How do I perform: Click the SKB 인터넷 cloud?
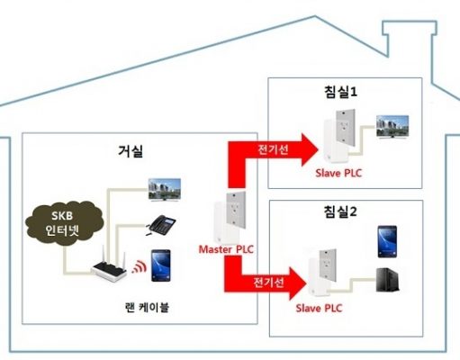point(65,223)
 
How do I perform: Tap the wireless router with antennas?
point(109,265)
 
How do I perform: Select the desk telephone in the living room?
point(160,225)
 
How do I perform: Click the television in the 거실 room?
point(165,190)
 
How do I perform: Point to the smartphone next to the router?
point(161,265)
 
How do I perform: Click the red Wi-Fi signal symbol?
point(140,266)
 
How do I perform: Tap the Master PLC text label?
point(226,249)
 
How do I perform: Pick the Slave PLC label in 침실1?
point(338,173)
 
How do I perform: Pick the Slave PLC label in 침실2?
point(319,308)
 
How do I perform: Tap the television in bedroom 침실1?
point(392,127)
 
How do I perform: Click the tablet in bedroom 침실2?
point(387,242)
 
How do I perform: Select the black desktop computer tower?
point(387,280)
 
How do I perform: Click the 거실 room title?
point(131,151)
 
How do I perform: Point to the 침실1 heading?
point(340,92)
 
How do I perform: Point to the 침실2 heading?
point(340,211)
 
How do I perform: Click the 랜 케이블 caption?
point(147,307)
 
